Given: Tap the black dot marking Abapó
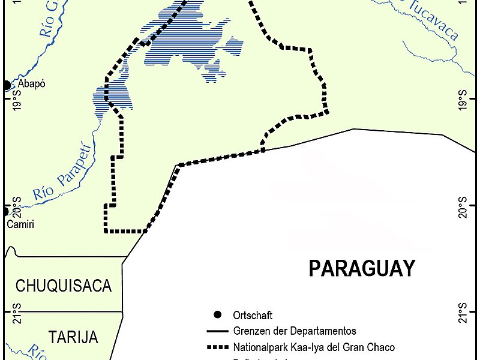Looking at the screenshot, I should [7, 85].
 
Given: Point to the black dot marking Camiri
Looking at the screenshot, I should [5, 211].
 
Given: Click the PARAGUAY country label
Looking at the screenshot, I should [361, 268].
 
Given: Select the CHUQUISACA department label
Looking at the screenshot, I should [64, 286].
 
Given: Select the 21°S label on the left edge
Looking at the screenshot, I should [17, 313].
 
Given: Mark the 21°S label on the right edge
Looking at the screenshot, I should [462, 313].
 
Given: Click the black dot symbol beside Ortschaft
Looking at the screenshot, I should [217, 315].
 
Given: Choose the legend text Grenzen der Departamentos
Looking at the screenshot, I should [295, 331].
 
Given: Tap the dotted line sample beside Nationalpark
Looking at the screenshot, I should [217, 347].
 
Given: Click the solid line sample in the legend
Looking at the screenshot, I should [217, 331].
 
